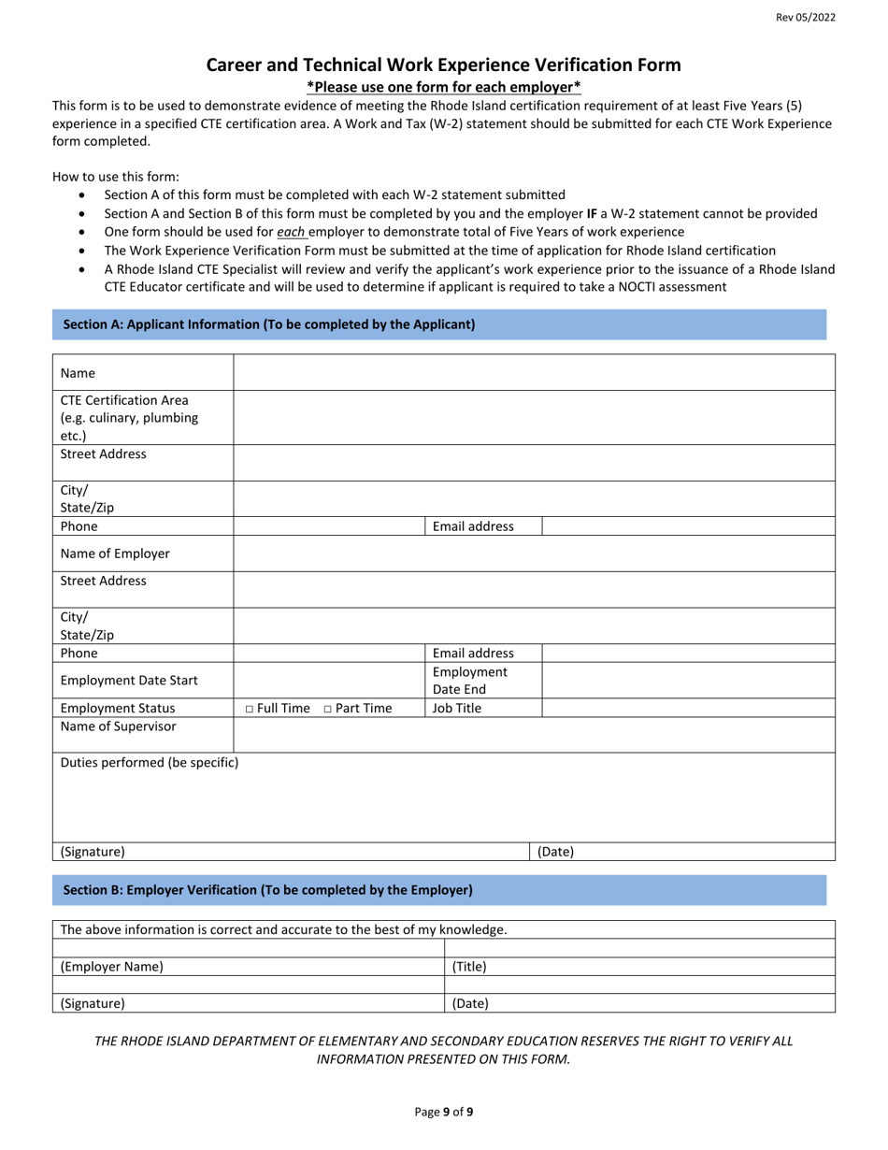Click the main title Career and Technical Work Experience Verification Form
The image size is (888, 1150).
click(443, 65)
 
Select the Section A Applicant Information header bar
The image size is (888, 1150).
click(438, 324)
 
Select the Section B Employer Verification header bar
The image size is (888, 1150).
click(438, 890)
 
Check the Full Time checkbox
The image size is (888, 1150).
click(250, 709)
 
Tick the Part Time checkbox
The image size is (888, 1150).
click(328, 709)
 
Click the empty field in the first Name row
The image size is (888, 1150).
click(533, 373)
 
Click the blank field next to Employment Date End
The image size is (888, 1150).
click(688, 681)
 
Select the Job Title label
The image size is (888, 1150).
click(457, 709)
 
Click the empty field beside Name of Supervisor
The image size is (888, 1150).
click(533, 735)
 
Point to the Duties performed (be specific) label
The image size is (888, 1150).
click(149, 762)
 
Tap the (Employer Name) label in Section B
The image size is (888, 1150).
click(111, 967)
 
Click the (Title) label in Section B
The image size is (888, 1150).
click(469, 967)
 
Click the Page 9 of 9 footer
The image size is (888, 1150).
click(443, 1112)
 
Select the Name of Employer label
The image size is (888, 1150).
click(115, 553)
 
